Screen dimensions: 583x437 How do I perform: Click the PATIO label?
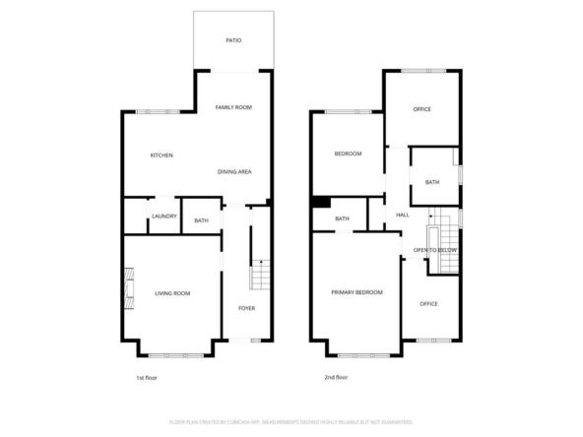point(233,40)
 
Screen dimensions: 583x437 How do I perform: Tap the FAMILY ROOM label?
point(233,107)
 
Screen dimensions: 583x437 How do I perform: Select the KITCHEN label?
point(162,156)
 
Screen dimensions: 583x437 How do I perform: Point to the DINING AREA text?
point(234,171)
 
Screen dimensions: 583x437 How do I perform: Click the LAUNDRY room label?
point(164,217)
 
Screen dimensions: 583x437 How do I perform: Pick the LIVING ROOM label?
point(172,293)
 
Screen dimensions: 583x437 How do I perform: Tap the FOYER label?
point(247,308)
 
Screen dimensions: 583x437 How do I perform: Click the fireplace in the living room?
point(129,288)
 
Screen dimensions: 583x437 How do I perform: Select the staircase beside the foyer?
point(260,275)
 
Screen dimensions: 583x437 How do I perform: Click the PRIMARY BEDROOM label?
point(356,292)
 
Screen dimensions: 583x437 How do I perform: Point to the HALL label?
point(403,215)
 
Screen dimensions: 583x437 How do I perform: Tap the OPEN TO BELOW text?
point(435,250)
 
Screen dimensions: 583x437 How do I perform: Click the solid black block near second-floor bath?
point(322,202)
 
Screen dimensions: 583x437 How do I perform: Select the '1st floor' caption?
point(147,378)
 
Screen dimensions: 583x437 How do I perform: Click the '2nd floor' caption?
point(336,377)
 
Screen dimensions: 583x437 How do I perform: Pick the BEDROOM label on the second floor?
point(348,154)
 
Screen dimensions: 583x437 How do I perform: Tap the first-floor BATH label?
point(202,220)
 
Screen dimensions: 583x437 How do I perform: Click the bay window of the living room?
point(176,355)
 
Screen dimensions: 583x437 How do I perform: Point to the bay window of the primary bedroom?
point(364,355)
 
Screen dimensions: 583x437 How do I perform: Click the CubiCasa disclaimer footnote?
point(291,422)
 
